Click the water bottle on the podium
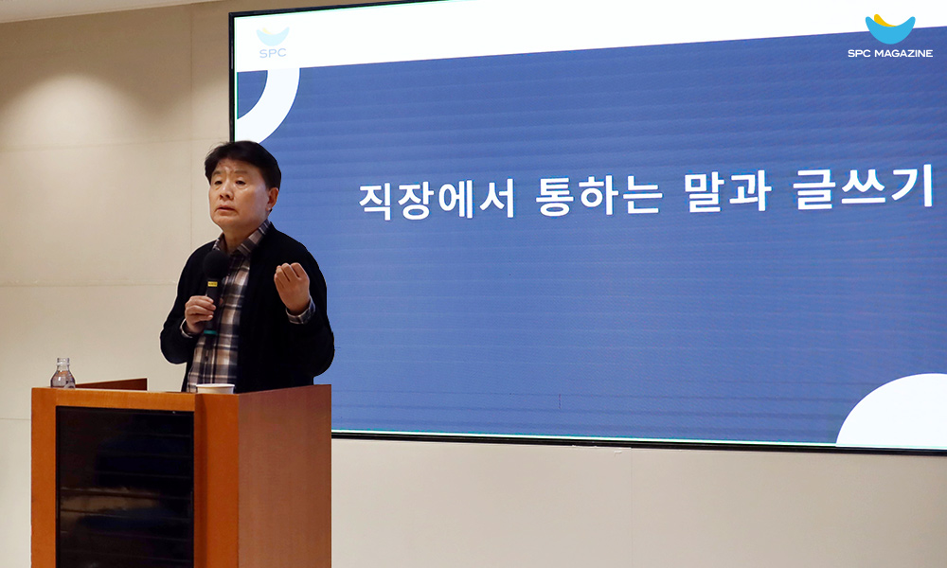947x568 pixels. pyautogui.click(x=63, y=373)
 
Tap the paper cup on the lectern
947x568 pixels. pyautogui.click(x=215, y=388)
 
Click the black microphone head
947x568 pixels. pyautogui.click(x=214, y=265)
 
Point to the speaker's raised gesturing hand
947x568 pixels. pyautogui.click(x=293, y=288)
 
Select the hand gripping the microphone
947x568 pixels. pyautogui.click(x=200, y=313)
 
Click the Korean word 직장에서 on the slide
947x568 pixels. pyautogui.click(x=437, y=200)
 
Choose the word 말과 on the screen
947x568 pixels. pyautogui.click(x=727, y=191)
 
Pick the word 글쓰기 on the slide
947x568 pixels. pyautogui.click(x=865, y=187)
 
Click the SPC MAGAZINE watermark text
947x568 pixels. pyautogui.click(x=890, y=53)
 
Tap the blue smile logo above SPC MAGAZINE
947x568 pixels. pyautogui.click(x=889, y=28)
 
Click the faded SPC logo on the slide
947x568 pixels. pyautogui.click(x=273, y=43)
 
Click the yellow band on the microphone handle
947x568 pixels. pyautogui.click(x=212, y=283)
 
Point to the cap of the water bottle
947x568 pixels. pyautogui.click(x=63, y=361)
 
